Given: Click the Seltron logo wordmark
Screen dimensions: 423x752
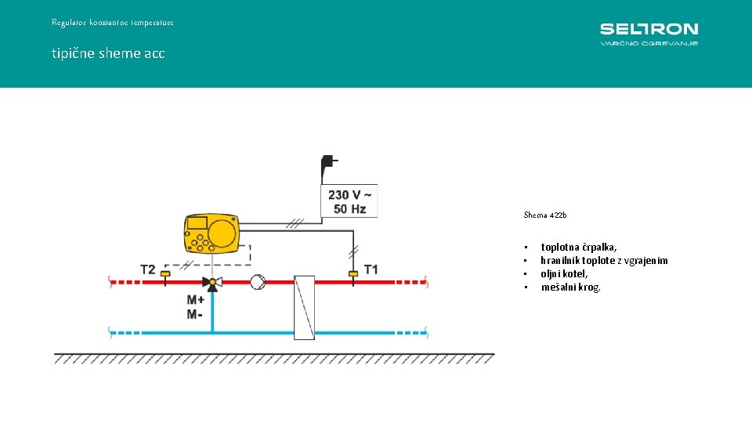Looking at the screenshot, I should pyautogui.click(x=649, y=29).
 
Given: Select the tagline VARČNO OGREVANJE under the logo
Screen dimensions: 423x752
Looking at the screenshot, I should pyautogui.click(x=649, y=43).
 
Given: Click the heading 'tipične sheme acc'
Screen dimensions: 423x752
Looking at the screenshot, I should pyautogui.click(x=108, y=53).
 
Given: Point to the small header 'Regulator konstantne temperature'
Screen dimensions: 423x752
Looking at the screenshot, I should pyautogui.click(x=113, y=23).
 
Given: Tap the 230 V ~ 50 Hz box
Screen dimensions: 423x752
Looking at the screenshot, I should pyautogui.click(x=349, y=201).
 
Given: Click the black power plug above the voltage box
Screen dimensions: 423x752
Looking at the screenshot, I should pyautogui.click(x=328, y=166).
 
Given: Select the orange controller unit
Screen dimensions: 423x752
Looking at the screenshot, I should pyautogui.click(x=210, y=233).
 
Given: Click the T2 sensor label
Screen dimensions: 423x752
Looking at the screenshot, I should pyautogui.click(x=147, y=269).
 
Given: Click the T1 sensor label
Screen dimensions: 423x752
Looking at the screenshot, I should pyautogui.click(x=371, y=269).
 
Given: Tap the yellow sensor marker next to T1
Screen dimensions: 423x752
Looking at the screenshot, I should pyautogui.click(x=353, y=273).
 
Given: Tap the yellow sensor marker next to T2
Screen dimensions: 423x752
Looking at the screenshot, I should pyautogui.click(x=165, y=274).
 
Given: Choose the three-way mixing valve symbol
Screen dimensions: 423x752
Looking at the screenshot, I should pyautogui.click(x=210, y=283).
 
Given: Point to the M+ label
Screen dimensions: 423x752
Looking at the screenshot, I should pyautogui.click(x=196, y=300).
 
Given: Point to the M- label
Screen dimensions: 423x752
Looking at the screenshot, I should pyautogui.click(x=194, y=314).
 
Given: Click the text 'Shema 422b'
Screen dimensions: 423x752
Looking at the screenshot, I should pyautogui.click(x=544, y=215).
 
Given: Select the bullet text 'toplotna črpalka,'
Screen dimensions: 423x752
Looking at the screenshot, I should pyautogui.click(x=578, y=248).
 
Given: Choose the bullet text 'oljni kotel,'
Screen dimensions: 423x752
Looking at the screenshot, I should pyautogui.click(x=564, y=274).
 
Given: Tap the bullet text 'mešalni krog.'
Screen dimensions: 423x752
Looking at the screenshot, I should pyautogui.click(x=571, y=287).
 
